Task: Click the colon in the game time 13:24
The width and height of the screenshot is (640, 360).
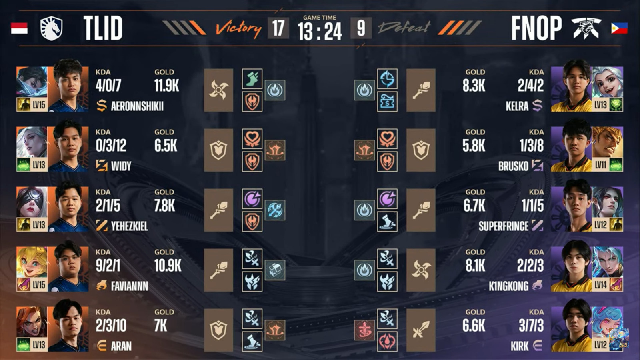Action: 320,32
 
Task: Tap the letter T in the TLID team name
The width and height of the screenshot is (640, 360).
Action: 91,28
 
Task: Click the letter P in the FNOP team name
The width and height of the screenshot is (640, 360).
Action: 554,28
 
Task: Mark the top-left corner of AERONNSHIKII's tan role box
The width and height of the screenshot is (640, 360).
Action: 204,68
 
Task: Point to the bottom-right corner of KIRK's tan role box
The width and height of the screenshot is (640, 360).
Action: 436,352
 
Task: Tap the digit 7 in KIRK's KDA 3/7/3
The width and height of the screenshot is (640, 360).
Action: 531,326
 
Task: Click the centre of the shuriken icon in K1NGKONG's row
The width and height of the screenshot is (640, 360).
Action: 421,270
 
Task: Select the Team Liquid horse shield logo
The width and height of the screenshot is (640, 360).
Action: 52,28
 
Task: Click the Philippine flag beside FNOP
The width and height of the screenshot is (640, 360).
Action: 620,28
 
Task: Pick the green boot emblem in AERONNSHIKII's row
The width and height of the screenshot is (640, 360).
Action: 252,78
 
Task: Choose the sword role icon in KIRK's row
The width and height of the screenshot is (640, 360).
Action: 421,330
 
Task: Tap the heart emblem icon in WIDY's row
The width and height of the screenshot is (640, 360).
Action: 252,138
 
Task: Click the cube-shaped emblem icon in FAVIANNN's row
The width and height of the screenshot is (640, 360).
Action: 275,270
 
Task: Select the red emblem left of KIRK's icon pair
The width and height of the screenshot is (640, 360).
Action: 364,330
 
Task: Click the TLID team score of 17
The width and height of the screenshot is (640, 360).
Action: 278,28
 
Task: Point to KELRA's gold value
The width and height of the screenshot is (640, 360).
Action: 474,86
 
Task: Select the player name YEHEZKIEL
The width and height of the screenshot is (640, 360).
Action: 130,226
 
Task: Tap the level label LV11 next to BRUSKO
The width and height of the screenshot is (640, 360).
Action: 600,165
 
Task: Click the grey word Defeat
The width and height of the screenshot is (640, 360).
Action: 404,28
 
